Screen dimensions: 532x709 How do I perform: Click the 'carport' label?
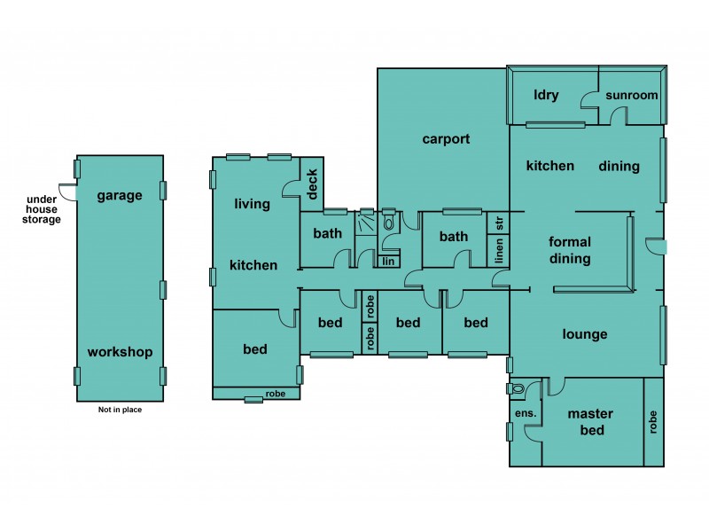tap(445, 139)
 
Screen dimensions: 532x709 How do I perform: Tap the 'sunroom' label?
tap(631, 96)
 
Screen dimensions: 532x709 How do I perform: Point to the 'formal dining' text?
tap(569, 250)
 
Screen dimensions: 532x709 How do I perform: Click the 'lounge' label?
tap(585, 334)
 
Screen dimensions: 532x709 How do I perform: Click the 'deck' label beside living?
tap(312, 184)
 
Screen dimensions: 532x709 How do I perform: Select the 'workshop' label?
tap(120, 352)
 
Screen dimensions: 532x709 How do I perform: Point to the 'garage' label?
tap(120, 196)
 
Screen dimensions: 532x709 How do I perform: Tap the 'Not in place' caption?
tap(120, 410)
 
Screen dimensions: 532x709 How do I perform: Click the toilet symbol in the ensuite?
tap(518, 389)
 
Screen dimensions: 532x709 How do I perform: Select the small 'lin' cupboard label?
tap(388, 261)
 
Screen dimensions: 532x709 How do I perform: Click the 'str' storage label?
tap(499, 222)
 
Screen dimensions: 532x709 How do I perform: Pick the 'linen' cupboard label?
tap(499, 252)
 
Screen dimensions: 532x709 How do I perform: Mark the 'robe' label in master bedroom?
tap(654, 421)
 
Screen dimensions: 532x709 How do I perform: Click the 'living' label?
tap(252, 205)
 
